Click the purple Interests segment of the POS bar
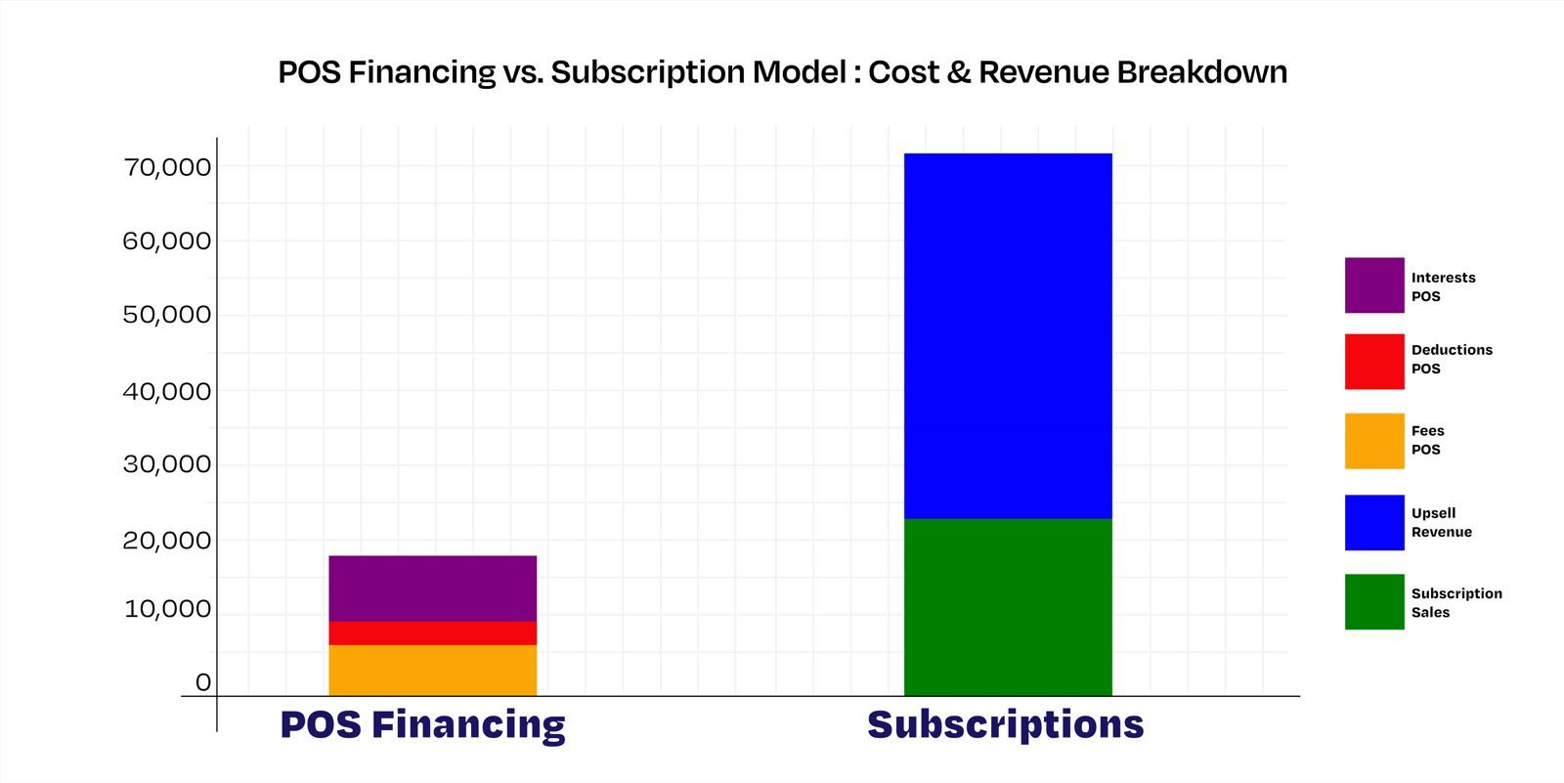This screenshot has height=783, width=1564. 433,588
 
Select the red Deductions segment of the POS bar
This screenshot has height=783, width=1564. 433,632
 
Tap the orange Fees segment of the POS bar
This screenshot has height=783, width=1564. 433,670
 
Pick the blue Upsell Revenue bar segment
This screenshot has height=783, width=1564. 1008,336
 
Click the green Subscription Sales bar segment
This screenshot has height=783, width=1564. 1008,607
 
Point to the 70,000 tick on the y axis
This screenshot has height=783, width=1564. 167,167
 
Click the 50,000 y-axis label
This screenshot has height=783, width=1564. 167,315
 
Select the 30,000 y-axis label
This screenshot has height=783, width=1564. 167,463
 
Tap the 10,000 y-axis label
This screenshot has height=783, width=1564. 167,609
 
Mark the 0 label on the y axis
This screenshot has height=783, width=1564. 203,682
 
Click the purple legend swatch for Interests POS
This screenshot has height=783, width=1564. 1374,285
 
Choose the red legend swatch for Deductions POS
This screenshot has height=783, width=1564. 1374,361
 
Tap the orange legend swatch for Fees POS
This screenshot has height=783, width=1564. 1374,441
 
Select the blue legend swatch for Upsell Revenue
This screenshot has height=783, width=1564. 1374,522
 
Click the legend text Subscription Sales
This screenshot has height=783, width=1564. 1456,603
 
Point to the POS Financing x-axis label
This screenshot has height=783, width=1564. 422,724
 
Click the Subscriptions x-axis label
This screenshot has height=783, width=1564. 1006,724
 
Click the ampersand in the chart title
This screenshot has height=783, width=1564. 959,72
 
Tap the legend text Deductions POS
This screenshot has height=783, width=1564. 1452,359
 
